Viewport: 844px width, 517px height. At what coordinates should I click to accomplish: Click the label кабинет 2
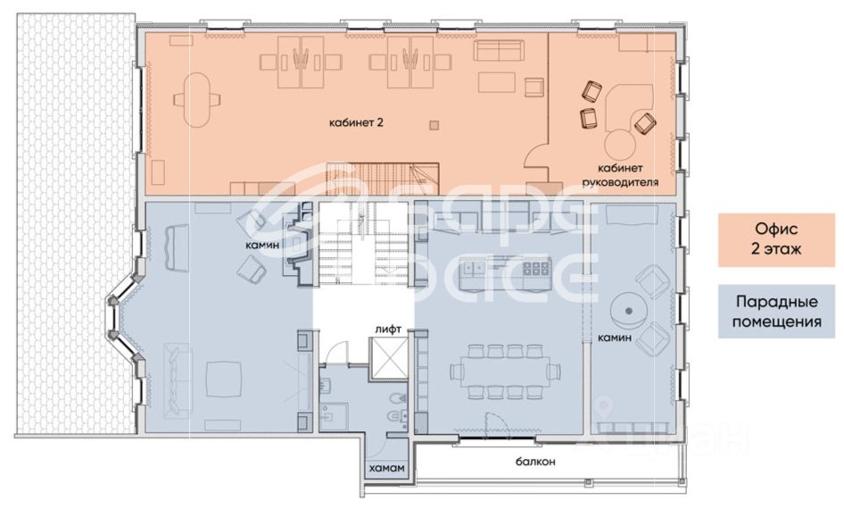tap(356, 122)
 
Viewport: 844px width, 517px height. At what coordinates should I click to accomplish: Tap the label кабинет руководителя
tap(621, 175)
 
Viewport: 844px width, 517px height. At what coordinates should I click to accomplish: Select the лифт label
tap(388, 329)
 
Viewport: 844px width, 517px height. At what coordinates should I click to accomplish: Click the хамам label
tap(386, 468)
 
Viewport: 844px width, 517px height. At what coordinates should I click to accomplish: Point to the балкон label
tap(535, 462)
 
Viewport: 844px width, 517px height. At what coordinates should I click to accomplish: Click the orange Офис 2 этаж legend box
tap(776, 239)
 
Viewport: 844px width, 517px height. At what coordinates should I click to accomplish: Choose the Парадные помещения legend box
tap(776, 312)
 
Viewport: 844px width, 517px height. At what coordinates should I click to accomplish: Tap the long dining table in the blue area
tap(506, 371)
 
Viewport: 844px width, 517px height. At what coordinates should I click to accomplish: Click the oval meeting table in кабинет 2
tap(197, 100)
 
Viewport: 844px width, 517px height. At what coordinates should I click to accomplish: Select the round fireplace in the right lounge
tap(628, 311)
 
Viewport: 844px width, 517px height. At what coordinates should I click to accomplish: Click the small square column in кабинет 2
tap(434, 126)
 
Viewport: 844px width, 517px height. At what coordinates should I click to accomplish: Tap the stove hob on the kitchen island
tap(534, 267)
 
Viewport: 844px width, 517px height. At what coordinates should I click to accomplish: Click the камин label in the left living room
tap(262, 245)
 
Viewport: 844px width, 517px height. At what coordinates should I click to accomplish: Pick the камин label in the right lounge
tap(614, 338)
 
